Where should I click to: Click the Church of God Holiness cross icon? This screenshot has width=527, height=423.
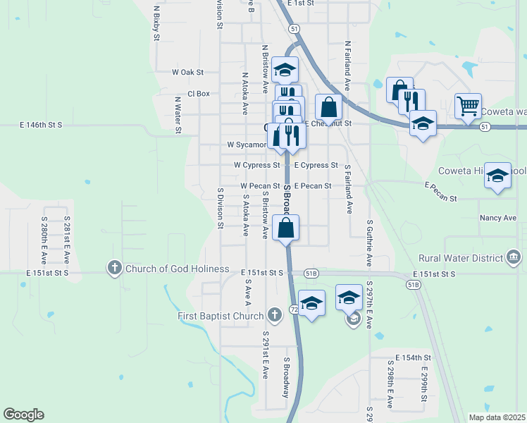pos(115,268)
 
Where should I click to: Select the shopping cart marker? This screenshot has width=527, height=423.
pos(468,106)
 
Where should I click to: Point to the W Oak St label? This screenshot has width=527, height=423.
pos(187,72)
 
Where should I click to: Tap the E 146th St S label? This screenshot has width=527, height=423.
pos(41,125)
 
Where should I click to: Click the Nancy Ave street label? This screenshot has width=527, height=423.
pos(498,219)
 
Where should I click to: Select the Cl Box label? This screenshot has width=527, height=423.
pos(199,93)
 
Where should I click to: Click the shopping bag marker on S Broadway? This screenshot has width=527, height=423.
pos(285,228)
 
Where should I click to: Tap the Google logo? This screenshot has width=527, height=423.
pos(23,415)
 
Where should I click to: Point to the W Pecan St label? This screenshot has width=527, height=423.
pos(261,185)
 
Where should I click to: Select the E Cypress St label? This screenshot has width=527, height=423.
pos(316,165)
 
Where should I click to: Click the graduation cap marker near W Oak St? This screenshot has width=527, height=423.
pos(285,70)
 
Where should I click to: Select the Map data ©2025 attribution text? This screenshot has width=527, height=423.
pos(497,417)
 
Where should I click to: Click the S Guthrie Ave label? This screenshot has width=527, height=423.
pos(369,243)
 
